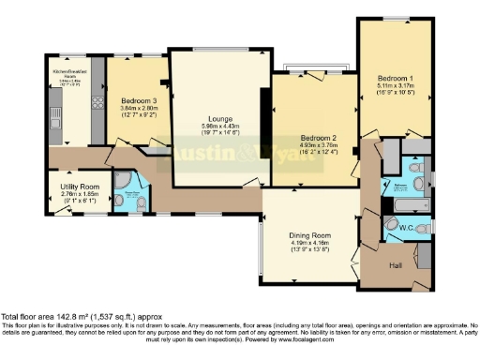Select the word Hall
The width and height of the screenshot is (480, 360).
pos(397,264)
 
